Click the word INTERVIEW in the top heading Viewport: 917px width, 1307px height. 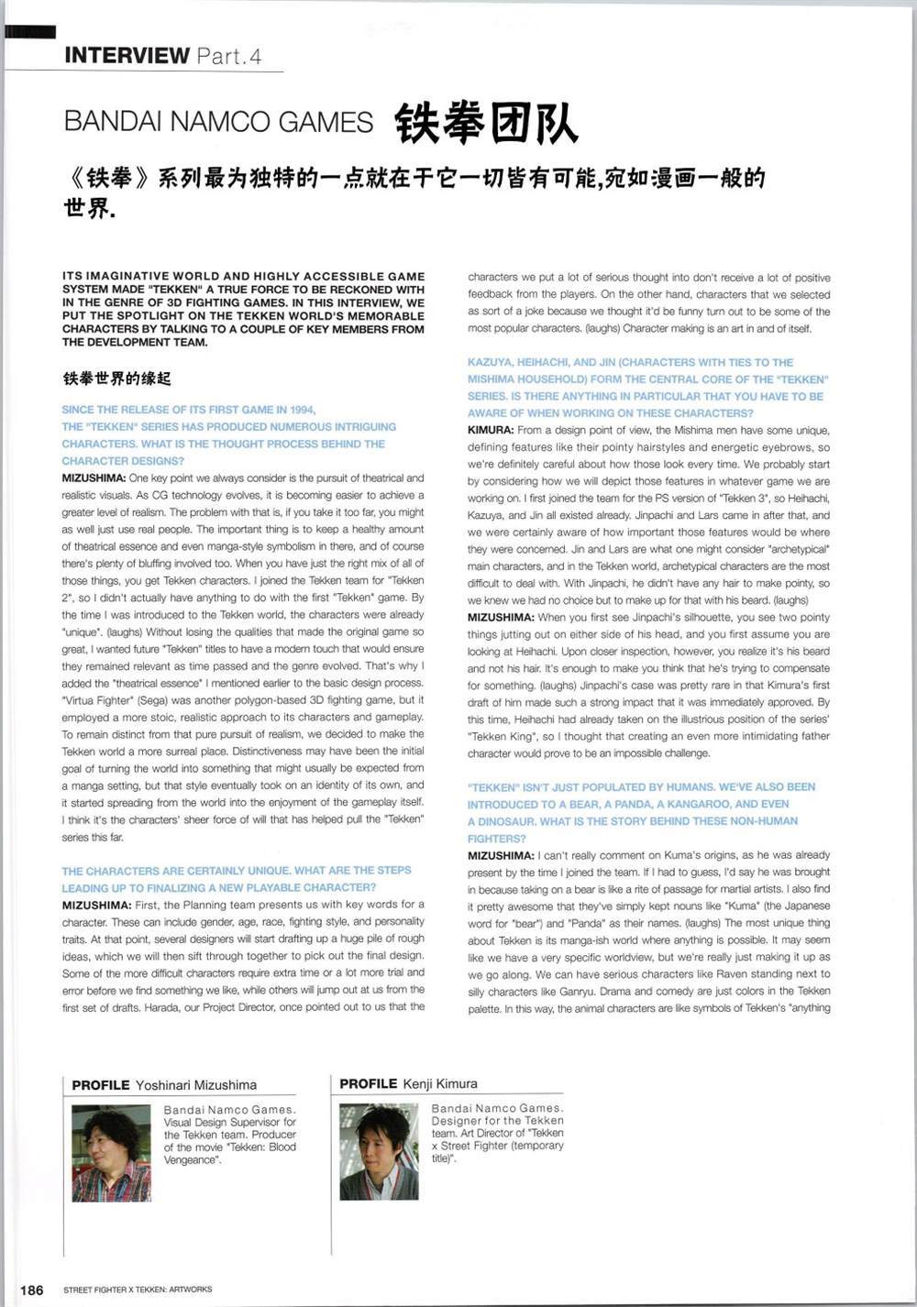(x=127, y=56)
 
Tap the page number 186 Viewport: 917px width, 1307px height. (x=31, y=1290)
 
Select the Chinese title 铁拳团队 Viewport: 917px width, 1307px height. (x=486, y=123)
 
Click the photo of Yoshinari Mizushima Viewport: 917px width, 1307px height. (x=111, y=1152)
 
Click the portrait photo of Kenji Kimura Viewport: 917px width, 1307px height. (x=379, y=1151)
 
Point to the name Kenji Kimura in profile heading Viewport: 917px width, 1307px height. (x=440, y=1083)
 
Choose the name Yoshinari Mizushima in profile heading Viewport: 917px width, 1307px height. (x=196, y=1085)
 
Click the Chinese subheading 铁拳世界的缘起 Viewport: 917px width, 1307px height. (x=116, y=379)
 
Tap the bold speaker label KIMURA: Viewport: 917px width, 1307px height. (x=490, y=430)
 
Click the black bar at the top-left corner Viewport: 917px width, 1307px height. (x=17, y=32)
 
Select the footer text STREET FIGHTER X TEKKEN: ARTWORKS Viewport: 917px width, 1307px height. (x=138, y=1290)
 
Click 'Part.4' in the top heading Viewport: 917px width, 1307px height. (x=228, y=57)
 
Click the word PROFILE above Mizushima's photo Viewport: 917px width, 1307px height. (x=101, y=1085)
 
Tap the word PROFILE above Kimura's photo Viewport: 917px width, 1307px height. (x=368, y=1083)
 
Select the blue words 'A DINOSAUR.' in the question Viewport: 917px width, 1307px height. (x=501, y=821)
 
